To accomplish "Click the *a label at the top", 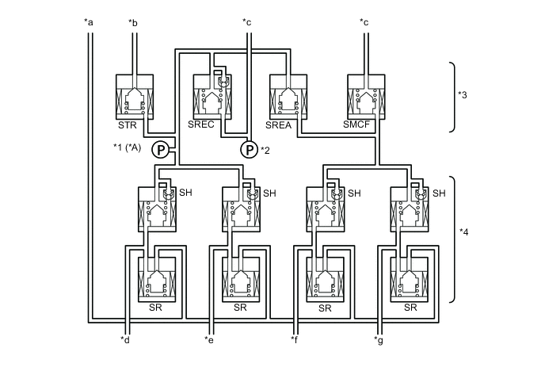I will pos(89,21).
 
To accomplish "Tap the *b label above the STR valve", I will pos(133,21).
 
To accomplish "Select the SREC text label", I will pos(201,124).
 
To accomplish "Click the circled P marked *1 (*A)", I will pos(159,149).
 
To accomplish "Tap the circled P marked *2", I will pos(249,149).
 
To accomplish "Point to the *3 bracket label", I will pos(463,95).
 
